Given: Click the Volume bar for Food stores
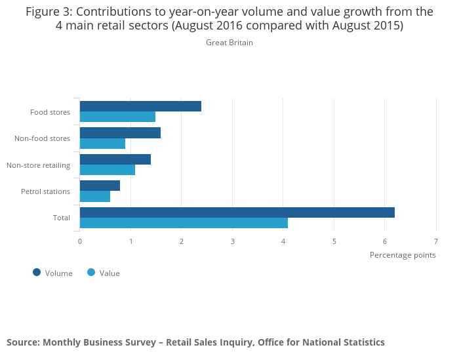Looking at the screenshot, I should (x=140, y=106).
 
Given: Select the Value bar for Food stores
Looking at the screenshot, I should (x=117, y=117).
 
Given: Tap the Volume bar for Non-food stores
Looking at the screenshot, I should (x=120, y=133).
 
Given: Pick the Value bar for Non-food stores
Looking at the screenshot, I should (x=102, y=144).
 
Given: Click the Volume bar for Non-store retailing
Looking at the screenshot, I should (x=115, y=159).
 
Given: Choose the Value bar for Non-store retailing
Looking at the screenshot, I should (x=108, y=170).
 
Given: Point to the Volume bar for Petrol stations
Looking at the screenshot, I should (x=100, y=186).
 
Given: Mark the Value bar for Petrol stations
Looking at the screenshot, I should (x=95, y=196).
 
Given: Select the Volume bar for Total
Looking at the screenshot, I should (x=237, y=212).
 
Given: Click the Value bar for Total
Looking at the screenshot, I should (x=184, y=223).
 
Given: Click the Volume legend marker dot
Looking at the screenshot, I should (x=37, y=272).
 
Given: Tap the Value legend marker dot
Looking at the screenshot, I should (x=91, y=272).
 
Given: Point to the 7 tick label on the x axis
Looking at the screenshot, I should (x=436, y=241).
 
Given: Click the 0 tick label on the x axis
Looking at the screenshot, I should (x=80, y=241).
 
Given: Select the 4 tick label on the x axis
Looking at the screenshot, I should (x=283, y=241).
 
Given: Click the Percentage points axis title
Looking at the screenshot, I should (x=403, y=255).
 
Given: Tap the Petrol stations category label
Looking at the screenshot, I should (x=45, y=191).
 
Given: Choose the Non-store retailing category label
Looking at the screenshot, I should (x=38, y=165).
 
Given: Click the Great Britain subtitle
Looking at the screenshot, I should (x=229, y=43).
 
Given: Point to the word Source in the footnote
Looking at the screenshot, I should (x=22, y=342).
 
